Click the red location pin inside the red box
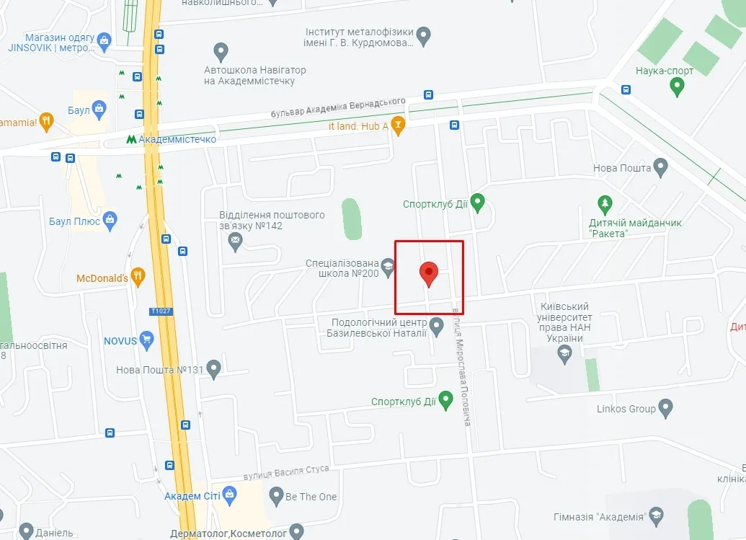tap(429, 273)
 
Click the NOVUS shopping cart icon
tap(147, 339)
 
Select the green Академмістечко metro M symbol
tap(130, 139)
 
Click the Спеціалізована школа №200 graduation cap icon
tap(388, 269)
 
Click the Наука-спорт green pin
tap(676, 87)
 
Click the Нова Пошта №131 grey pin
tap(213, 369)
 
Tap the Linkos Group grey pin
tap(665, 409)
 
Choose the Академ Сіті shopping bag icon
tap(229, 495)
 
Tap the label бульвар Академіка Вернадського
tap(338, 108)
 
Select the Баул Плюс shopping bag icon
tap(110, 221)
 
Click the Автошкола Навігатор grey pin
tap(221, 52)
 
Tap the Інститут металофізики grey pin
tap(424, 35)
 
